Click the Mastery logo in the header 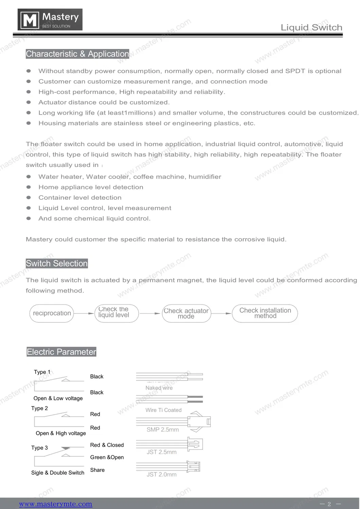[50, 20]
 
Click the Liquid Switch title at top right [311, 28]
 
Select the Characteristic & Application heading [78, 54]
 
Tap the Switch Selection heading [57, 264]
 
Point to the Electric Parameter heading [62, 352]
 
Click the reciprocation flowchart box [52, 313]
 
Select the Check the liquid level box [114, 313]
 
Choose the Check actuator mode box [186, 313]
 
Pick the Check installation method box [265, 313]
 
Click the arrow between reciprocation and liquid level [84, 313]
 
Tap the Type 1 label [42, 372]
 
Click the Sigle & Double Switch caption [58, 473]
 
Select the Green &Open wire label [107, 457]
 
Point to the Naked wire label [159, 388]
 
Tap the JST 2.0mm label [161, 474]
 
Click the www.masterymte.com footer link [55, 504]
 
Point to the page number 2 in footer [329, 504]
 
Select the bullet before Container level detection [29, 198]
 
